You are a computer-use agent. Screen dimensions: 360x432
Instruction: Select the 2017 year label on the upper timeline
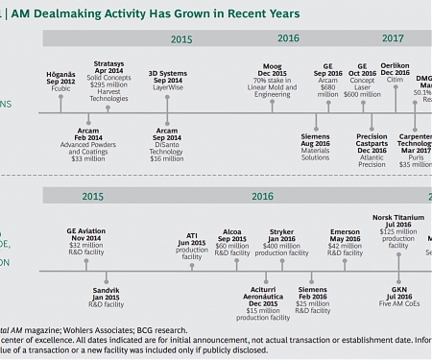coord(393,39)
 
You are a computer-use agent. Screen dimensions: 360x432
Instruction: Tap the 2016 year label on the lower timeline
coord(262,196)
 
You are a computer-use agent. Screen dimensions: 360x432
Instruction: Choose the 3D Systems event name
coord(167,73)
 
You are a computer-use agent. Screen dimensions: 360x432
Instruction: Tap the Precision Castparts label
coord(372,139)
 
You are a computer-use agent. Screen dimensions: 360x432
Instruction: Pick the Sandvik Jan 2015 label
coord(105,290)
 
